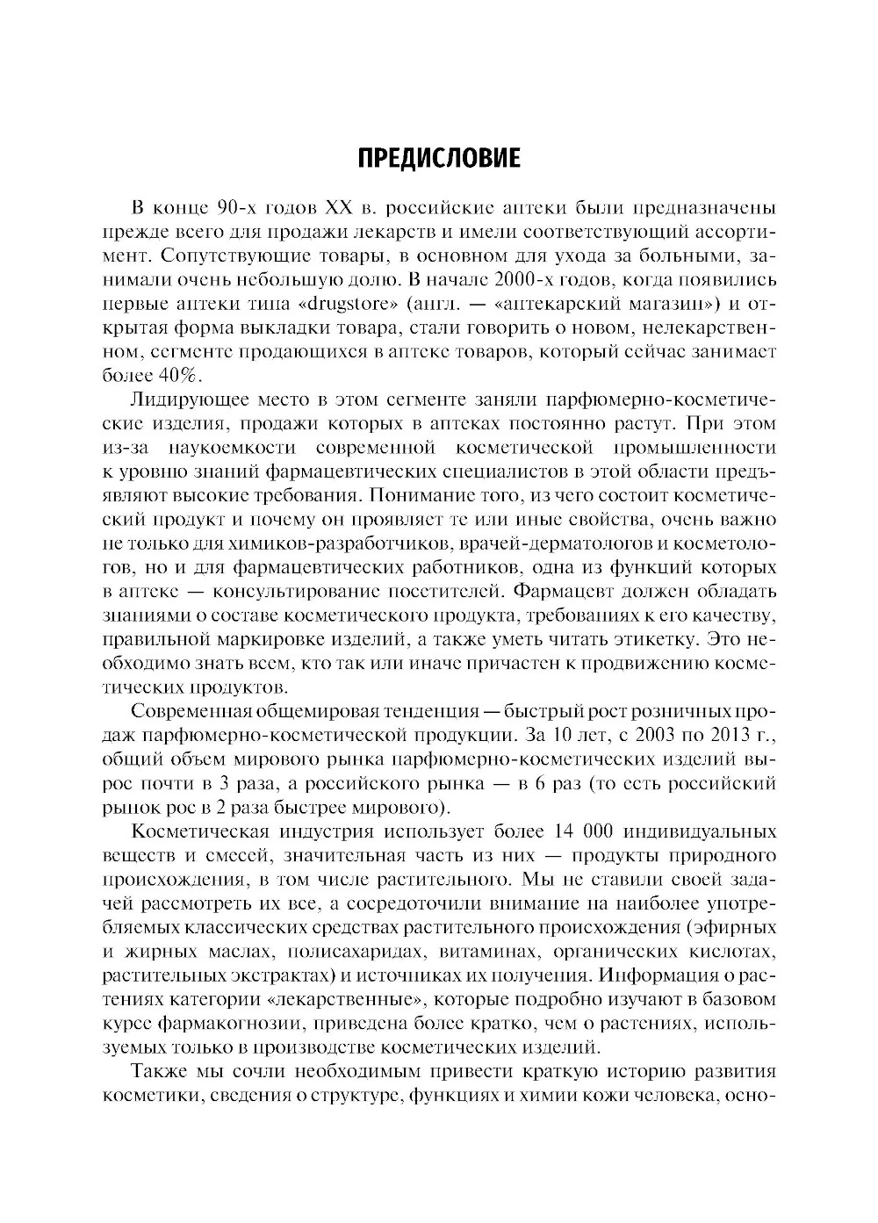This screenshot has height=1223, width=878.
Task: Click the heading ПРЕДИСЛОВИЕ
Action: pyautogui.click(x=439, y=158)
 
